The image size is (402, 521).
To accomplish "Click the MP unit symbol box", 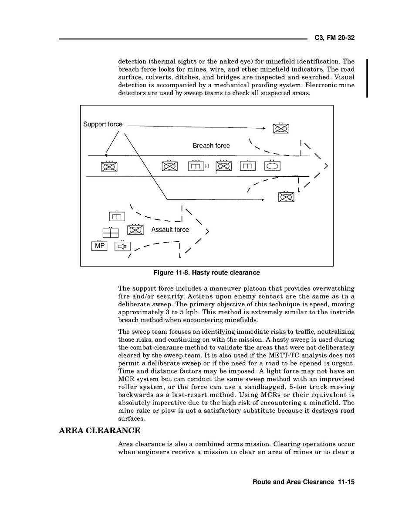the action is [99, 246].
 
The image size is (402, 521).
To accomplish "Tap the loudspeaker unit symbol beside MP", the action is [122, 246].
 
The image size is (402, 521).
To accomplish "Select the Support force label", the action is [103, 124].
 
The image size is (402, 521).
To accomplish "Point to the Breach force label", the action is [211, 146].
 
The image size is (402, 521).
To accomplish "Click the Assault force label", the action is [170, 230].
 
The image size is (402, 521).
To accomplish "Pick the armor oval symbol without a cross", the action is [272, 166].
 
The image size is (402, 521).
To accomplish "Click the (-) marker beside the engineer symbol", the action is [207, 166].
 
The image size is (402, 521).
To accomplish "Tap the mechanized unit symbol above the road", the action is [281, 128].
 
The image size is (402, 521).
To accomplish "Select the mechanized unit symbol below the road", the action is [286, 197].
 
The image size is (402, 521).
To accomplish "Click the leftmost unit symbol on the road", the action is [109, 167].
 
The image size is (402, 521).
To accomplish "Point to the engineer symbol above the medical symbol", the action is [117, 216].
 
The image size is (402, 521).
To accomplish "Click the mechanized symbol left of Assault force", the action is [135, 230].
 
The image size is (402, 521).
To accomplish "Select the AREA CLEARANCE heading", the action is [99, 431].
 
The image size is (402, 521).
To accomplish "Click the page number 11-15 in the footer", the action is [346, 482].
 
